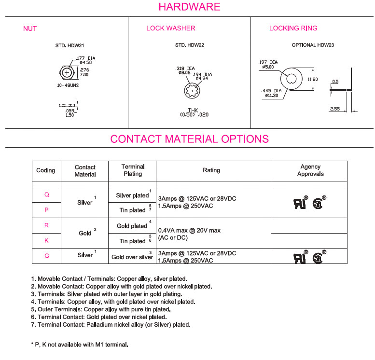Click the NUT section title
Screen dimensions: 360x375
pyautogui.click(x=30, y=28)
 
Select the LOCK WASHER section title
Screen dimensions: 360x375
pyautogui.click(x=171, y=28)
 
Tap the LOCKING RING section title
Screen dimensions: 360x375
pyautogui.click(x=293, y=28)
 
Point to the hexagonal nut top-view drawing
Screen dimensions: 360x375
pyautogui.click(x=67, y=72)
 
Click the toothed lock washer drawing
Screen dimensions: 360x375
pyautogui.click(x=193, y=90)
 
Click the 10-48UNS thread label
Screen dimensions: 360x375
pyautogui.click(x=67, y=84)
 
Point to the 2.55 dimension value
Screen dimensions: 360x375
pyautogui.click(x=335, y=110)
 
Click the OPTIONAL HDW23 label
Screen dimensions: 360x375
pyautogui.click(x=313, y=45)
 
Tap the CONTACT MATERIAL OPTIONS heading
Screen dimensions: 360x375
pyautogui.click(x=189, y=139)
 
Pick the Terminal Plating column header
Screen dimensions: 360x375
pyautogui.click(x=132, y=170)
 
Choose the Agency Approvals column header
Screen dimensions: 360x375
pyautogui.click(x=310, y=170)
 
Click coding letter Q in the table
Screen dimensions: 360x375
pyautogui.click(x=46, y=195)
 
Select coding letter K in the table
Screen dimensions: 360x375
pyautogui.click(x=46, y=240)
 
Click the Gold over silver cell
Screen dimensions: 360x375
pyautogui.click(x=132, y=257)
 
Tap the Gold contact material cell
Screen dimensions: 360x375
pyautogui.click(x=85, y=233)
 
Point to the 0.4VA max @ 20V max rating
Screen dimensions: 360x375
pyautogui.click(x=189, y=231)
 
